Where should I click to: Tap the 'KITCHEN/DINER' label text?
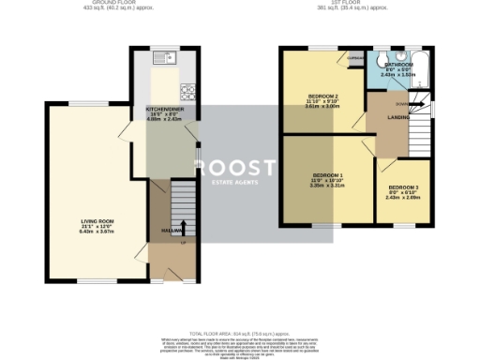pos(165,108)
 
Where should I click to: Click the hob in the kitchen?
pos(187,91)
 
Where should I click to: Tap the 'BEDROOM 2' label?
pos(323,96)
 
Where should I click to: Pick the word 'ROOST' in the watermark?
pos(235,167)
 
